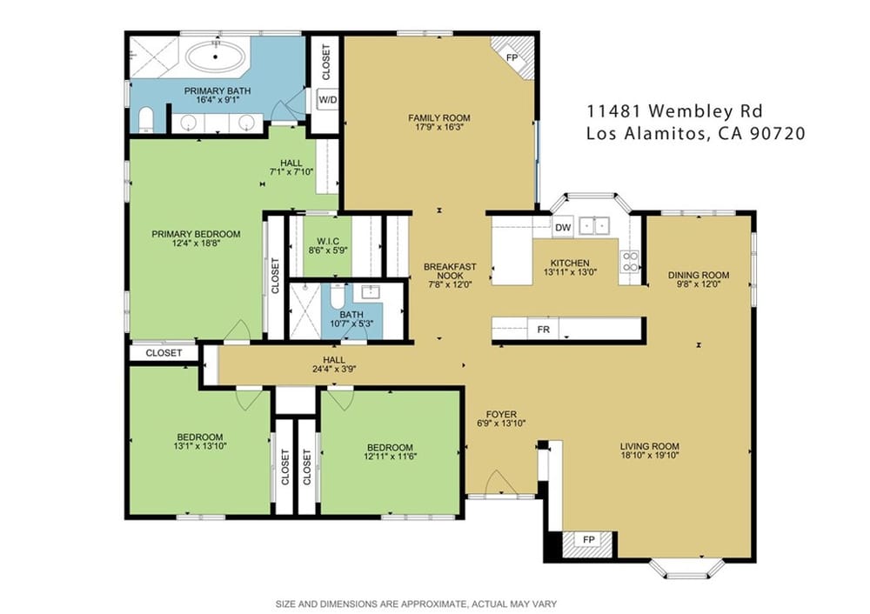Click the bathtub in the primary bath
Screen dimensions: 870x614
(217, 57)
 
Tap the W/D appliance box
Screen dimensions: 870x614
(327, 100)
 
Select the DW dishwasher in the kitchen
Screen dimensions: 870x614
(563, 227)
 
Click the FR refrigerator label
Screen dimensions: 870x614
(543, 330)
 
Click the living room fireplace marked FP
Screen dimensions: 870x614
(588, 540)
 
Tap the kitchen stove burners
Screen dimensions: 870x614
(630, 261)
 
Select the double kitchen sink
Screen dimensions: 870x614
(594, 226)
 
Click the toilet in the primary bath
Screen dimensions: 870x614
(145, 120)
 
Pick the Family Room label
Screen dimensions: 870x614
(438, 117)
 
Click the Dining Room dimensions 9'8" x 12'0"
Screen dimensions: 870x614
(699, 284)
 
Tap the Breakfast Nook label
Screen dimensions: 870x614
(450, 271)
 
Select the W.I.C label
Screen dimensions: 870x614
(328, 241)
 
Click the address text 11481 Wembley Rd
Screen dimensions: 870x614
(675, 111)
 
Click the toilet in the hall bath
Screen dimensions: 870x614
(338, 297)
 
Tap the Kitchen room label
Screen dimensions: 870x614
(570, 263)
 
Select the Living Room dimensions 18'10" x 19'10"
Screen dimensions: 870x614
(650, 456)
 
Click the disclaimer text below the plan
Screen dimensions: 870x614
(416, 604)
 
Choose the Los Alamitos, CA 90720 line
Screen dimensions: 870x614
(696, 134)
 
